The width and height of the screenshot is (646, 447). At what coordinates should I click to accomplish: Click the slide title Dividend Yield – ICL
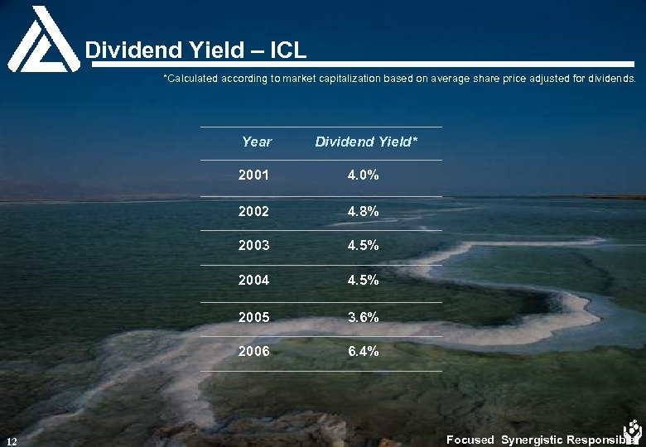coord(196,50)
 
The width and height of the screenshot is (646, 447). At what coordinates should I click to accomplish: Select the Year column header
coord(256,142)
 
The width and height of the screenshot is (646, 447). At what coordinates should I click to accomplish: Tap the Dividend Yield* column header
coord(366,142)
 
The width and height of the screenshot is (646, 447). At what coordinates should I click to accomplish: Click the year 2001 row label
coord(253,175)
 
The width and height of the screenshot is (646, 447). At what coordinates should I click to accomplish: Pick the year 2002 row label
coord(253,211)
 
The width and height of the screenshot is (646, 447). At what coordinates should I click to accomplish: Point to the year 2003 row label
coord(253,246)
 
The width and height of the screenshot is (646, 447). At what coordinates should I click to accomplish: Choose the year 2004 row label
coord(253,281)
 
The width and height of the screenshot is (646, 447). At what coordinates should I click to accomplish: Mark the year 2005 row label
coord(253,317)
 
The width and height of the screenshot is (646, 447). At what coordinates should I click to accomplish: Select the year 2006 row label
coord(253,351)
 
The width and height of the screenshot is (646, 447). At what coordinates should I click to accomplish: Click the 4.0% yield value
coord(364,175)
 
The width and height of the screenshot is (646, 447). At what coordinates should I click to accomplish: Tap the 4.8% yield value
coord(364,211)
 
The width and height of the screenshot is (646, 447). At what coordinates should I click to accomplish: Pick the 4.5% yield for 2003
coord(364,246)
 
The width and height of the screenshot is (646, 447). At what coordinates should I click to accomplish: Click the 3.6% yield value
coord(364,317)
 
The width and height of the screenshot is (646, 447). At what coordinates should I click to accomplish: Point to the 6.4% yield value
coord(364,351)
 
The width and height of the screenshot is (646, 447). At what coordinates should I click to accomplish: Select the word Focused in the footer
coord(470,440)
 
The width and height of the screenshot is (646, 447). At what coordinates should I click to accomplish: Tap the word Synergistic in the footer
coord(530,440)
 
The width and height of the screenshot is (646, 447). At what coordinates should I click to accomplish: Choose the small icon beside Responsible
coord(634,430)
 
